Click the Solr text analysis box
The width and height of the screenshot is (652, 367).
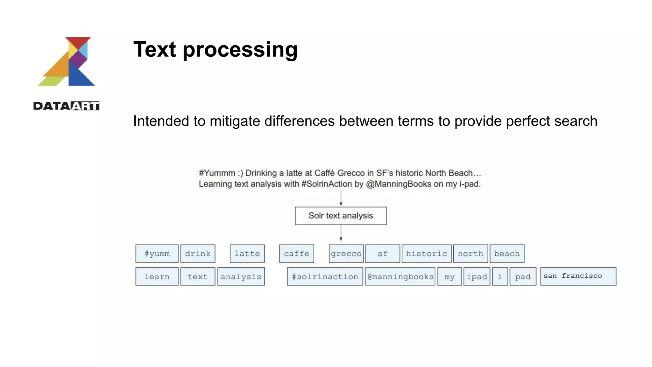[341, 216]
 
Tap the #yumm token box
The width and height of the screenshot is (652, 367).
[157, 254]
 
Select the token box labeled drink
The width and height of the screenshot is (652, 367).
[198, 254]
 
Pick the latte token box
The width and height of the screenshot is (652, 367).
[247, 254]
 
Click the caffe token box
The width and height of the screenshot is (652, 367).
[296, 254]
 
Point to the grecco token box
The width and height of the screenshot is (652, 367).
[346, 254]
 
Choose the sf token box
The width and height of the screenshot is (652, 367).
[382, 254]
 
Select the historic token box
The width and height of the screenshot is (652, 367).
[426, 254]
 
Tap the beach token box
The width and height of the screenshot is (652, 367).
[507, 254]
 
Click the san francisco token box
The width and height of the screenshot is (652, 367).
[578, 276]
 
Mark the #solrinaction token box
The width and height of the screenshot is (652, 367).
[325, 277]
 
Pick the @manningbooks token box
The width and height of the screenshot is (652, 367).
[400, 277]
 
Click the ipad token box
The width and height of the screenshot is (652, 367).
[477, 277]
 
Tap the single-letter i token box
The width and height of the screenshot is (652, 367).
[500, 277]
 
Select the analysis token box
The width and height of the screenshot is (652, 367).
[241, 277]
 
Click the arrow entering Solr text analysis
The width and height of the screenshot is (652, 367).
[341, 199]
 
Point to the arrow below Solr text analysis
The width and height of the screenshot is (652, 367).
[341, 233]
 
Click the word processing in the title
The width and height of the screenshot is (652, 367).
[240, 50]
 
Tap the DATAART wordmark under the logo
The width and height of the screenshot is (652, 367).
[66, 106]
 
